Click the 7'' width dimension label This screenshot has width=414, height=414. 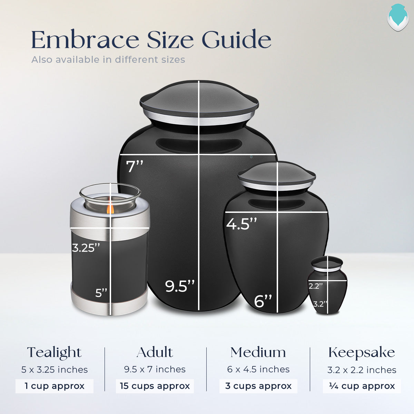coord(135,166)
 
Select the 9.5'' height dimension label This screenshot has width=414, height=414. coord(179,286)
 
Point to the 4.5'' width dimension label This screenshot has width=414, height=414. coord(241,224)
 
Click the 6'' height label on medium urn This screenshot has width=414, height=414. coord(263,301)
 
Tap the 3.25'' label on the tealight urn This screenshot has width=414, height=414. coord(86,247)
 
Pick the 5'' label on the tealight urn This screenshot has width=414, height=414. coord(101,293)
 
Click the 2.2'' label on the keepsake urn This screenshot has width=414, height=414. coord(315,286)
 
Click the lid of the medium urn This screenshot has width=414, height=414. coord(277,176)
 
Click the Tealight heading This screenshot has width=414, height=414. coord(54,352)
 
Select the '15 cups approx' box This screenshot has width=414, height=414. coord(155,386)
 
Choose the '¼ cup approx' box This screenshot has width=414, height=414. coord(362,386)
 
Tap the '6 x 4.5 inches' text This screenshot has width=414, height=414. coord(258,369)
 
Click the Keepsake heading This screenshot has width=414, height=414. coord(362,352)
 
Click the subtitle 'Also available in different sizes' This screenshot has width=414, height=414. coord(108,60)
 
